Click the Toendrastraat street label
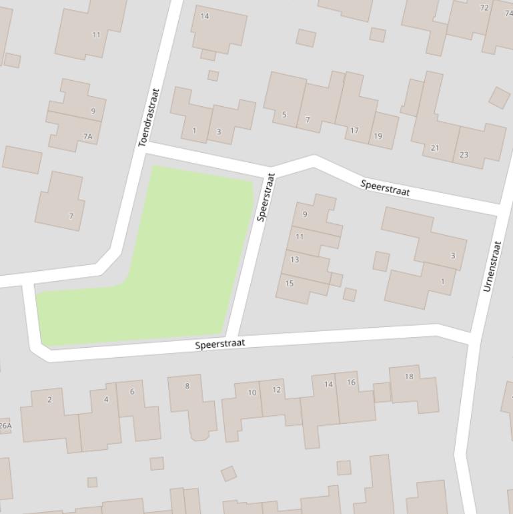point(149,118)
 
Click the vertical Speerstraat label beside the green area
point(266,197)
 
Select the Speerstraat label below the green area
point(220,344)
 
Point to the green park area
point(173,254)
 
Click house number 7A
point(88,136)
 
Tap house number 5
point(284,115)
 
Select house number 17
point(355,131)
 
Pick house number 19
point(378,136)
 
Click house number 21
point(435,148)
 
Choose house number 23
point(464,155)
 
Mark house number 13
point(294,260)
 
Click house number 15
point(290,283)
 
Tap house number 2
point(49,400)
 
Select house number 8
point(187,386)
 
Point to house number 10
point(252,393)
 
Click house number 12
point(276,390)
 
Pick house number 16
point(352,382)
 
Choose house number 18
point(409,376)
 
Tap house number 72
point(484,8)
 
